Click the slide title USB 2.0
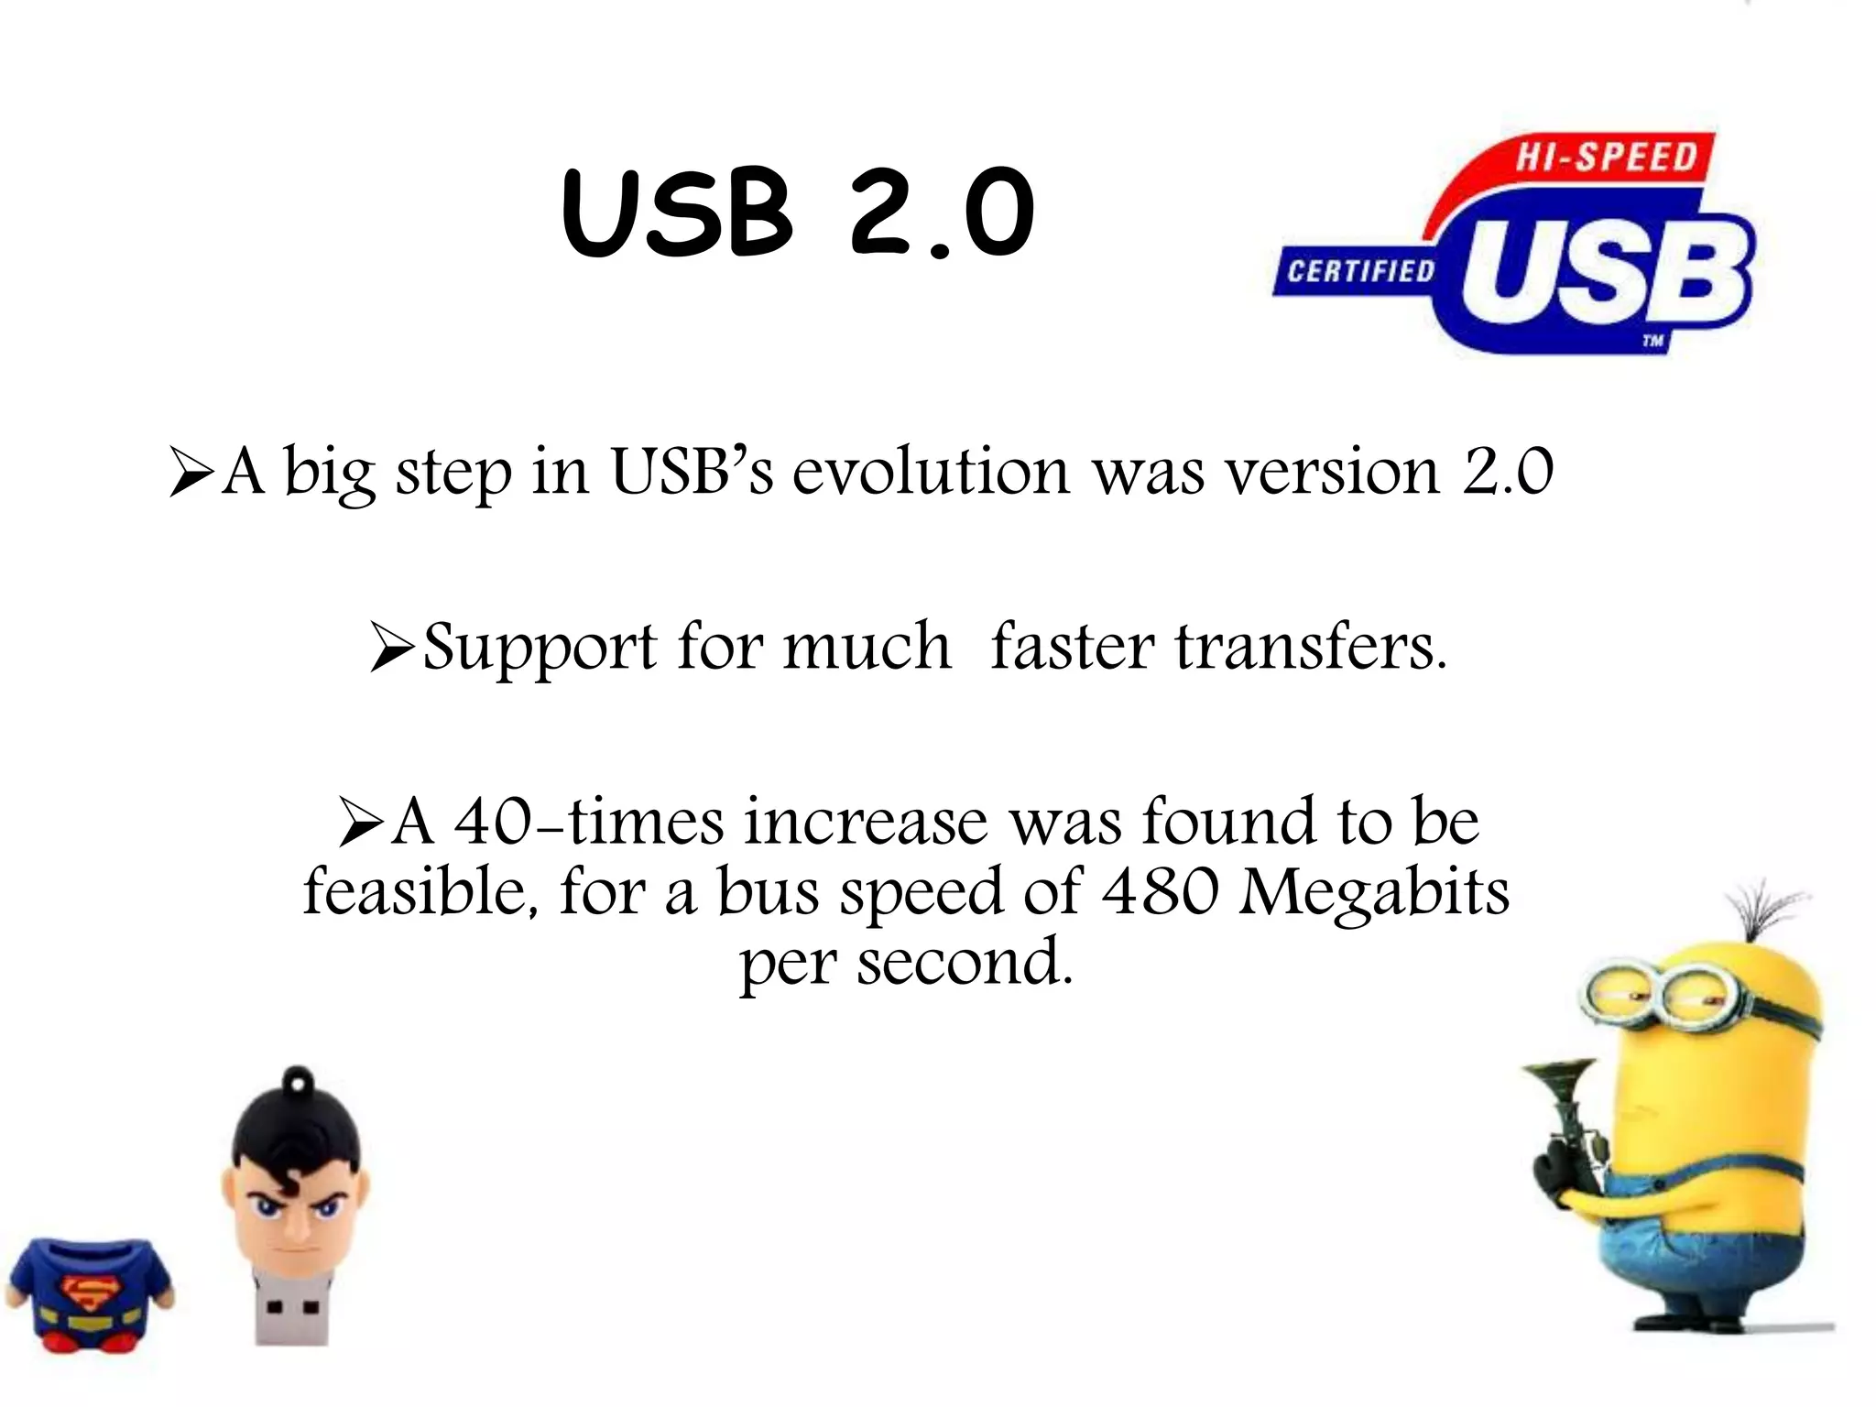[798, 213]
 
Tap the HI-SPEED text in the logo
[1606, 157]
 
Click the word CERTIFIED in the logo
[1360, 271]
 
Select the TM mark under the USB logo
[1652, 342]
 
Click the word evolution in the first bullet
[931, 472]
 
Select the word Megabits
[1374, 893]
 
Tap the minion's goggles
[1663, 993]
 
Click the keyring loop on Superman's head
[296, 1083]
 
